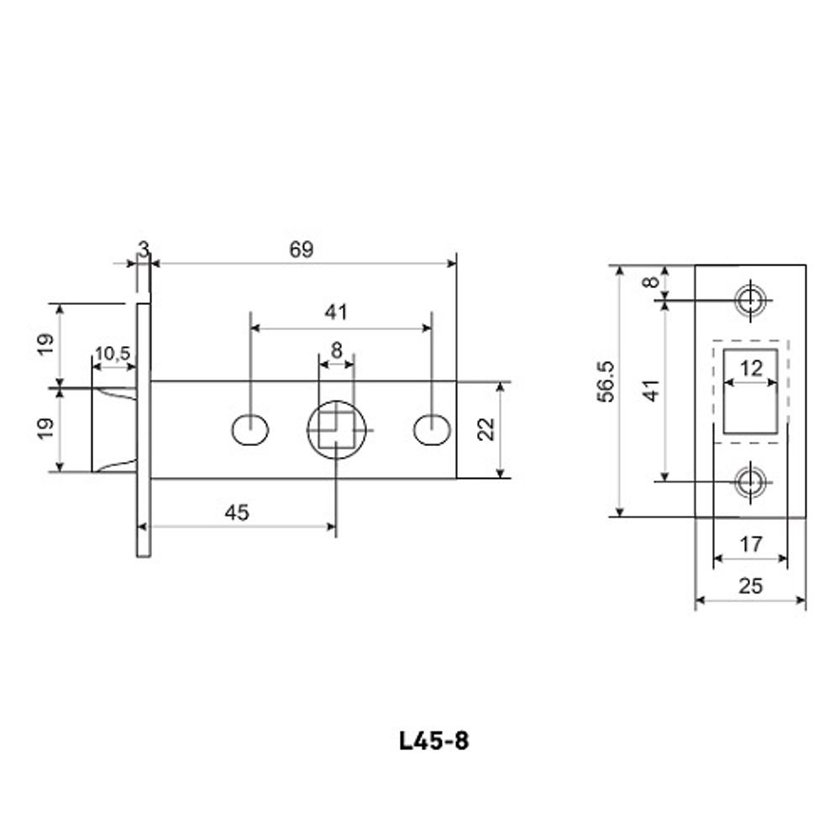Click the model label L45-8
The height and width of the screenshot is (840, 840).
click(x=433, y=741)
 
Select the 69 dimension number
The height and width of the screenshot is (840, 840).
click(x=301, y=249)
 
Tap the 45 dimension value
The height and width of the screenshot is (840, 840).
click(x=238, y=512)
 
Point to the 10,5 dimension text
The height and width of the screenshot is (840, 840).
click(x=112, y=354)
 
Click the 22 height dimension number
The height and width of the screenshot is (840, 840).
click(x=485, y=429)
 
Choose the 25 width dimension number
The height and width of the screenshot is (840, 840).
click(x=750, y=585)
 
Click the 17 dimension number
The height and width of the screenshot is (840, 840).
click(x=750, y=544)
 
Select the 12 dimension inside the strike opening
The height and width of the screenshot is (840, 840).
click(x=751, y=368)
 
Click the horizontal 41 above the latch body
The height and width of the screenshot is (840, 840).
click(x=336, y=312)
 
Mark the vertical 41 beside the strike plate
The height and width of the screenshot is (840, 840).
click(x=652, y=391)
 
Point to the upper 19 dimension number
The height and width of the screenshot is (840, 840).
click(x=46, y=344)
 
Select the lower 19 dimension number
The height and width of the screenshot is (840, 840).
click(x=46, y=429)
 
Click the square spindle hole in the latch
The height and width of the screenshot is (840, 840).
click(x=336, y=429)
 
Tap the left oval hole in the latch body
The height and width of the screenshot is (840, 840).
click(x=249, y=429)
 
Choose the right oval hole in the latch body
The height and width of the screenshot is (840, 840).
click(x=431, y=429)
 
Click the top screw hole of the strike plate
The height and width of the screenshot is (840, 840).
click(x=749, y=299)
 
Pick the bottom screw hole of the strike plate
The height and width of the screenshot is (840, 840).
click(x=749, y=481)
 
